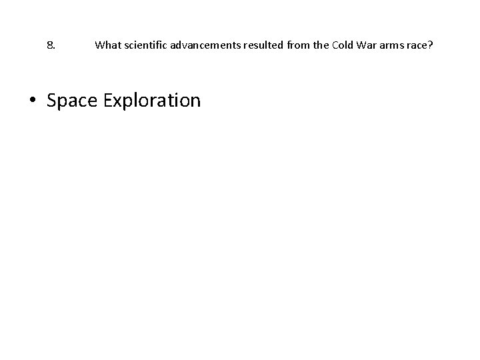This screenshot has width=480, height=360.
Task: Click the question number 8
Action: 51,46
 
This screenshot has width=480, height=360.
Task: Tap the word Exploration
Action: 148,101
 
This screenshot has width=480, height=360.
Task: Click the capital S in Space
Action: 52,101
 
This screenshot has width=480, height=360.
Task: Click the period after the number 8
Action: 53,49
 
